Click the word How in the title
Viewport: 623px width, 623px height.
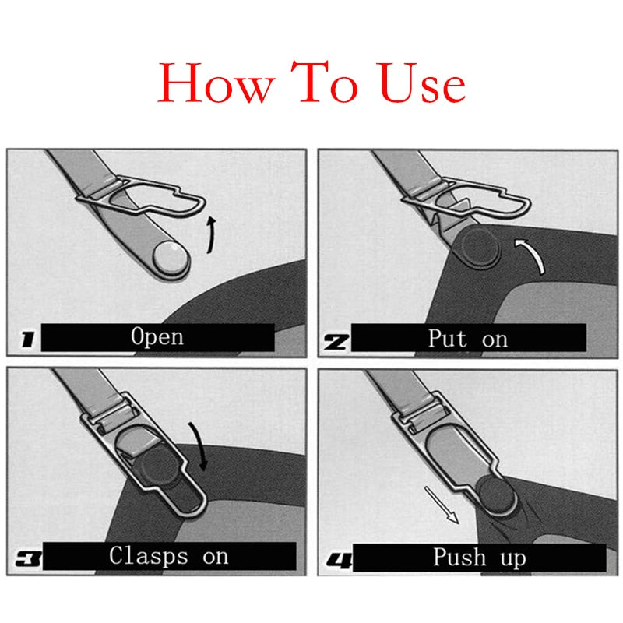coord(213,84)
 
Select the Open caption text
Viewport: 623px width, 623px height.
coord(157,336)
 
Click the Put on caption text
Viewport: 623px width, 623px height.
coord(467,338)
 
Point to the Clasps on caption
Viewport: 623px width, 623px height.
coord(169,556)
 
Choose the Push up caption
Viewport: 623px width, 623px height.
coord(479,558)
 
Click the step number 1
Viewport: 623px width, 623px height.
coord(26,340)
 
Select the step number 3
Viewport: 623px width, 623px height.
coord(26,558)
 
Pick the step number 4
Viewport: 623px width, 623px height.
coord(336,558)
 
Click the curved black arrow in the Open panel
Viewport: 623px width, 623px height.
coord(211,235)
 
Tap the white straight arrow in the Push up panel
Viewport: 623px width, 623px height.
coord(441,505)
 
